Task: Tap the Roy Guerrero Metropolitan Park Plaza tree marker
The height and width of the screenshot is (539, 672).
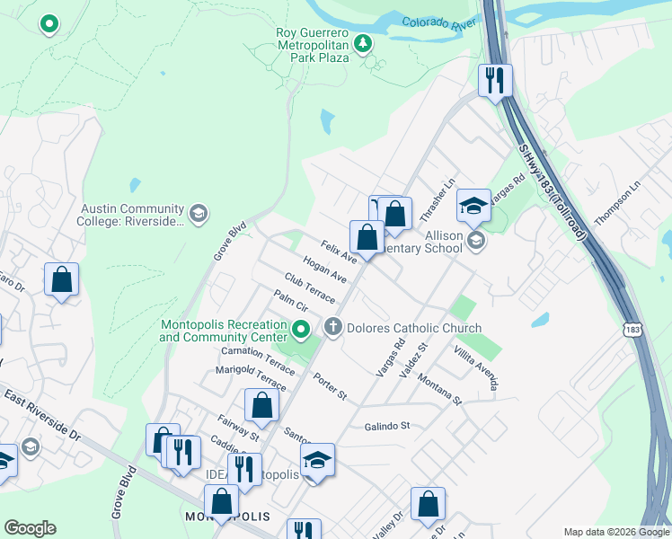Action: point(363,43)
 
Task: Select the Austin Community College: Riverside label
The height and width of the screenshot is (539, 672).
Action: point(133,214)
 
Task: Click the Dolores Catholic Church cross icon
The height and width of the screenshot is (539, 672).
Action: point(333,327)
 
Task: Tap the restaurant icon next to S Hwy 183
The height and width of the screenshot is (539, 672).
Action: point(494,81)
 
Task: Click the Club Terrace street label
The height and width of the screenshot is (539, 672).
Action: point(310,287)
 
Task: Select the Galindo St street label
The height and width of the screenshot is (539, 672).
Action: point(386,426)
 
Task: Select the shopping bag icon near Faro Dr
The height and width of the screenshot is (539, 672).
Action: point(61,279)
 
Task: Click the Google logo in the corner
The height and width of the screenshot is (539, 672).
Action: point(30,528)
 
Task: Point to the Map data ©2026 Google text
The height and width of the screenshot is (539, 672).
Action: point(616,532)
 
